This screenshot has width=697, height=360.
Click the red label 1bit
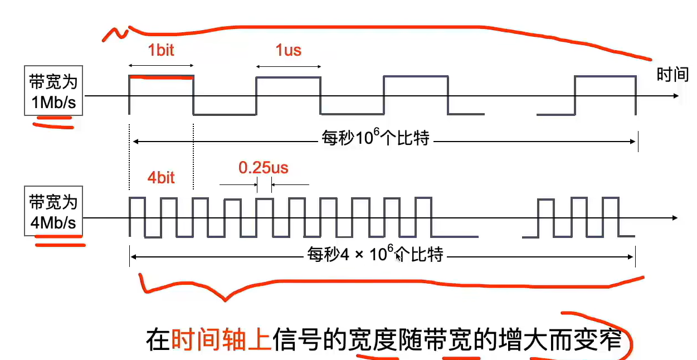(161, 50)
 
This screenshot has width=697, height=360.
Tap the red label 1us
(288, 50)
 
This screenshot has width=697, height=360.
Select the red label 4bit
(161, 177)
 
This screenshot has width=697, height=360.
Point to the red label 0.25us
(264, 167)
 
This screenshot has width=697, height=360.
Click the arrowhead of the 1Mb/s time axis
(676, 96)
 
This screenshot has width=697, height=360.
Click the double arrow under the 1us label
(288, 66)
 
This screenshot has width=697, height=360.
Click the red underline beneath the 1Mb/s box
(53, 123)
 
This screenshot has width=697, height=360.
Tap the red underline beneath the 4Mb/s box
(59, 241)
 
